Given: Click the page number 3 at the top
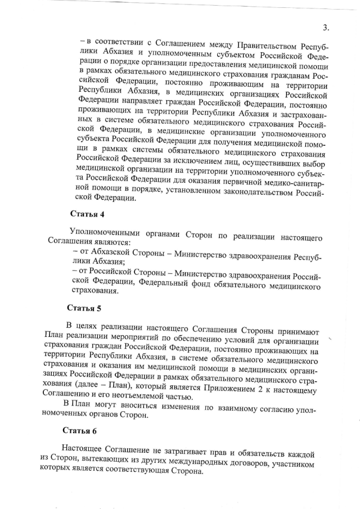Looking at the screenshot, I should coord(325,29).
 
